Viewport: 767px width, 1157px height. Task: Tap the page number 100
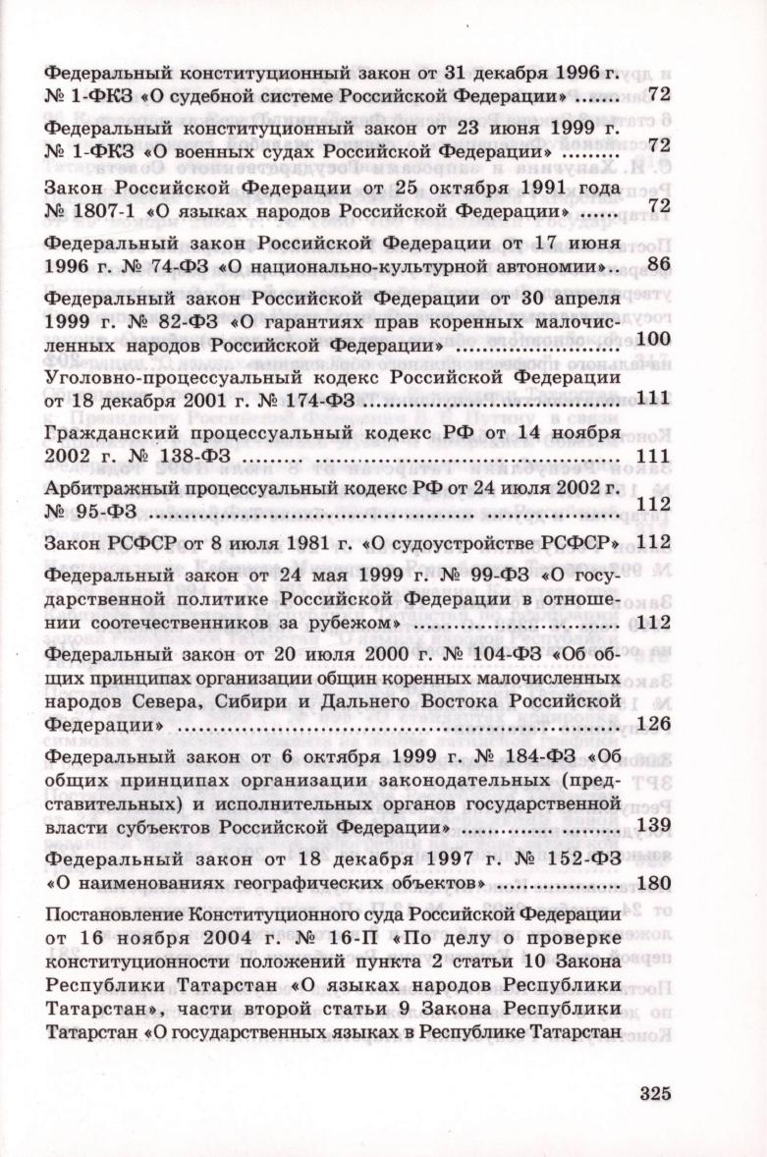click(653, 340)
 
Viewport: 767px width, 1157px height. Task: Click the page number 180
click(653, 881)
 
